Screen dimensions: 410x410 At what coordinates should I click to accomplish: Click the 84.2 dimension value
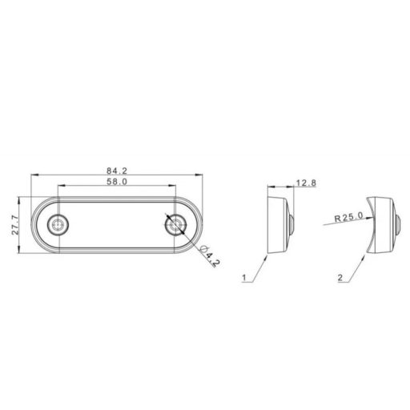coord(117,171)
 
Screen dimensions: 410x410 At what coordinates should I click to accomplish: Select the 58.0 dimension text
coord(117,182)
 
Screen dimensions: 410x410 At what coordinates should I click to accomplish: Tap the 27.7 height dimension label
coord(15,225)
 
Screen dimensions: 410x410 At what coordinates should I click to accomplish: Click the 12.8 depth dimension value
coord(306,183)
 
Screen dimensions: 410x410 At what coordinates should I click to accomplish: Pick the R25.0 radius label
coord(349,217)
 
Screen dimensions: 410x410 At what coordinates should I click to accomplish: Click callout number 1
coord(243,278)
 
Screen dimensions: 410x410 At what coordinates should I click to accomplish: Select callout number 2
coord(340,278)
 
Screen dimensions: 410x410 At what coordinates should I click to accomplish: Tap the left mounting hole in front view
coord(58,225)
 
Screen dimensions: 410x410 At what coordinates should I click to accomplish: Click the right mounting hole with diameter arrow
coord(175,225)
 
